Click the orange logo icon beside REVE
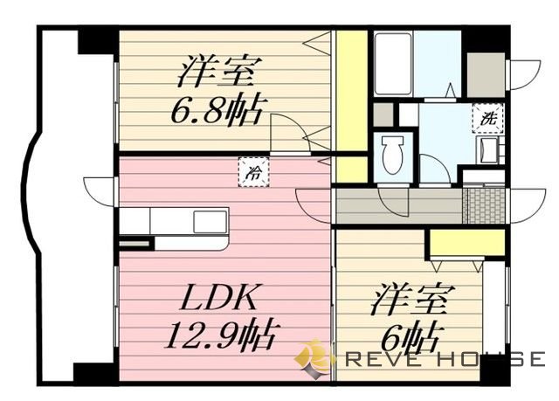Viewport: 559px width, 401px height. click(314, 357)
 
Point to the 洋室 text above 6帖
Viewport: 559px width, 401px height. click(409, 301)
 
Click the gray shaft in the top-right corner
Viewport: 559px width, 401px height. click(485, 74)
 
